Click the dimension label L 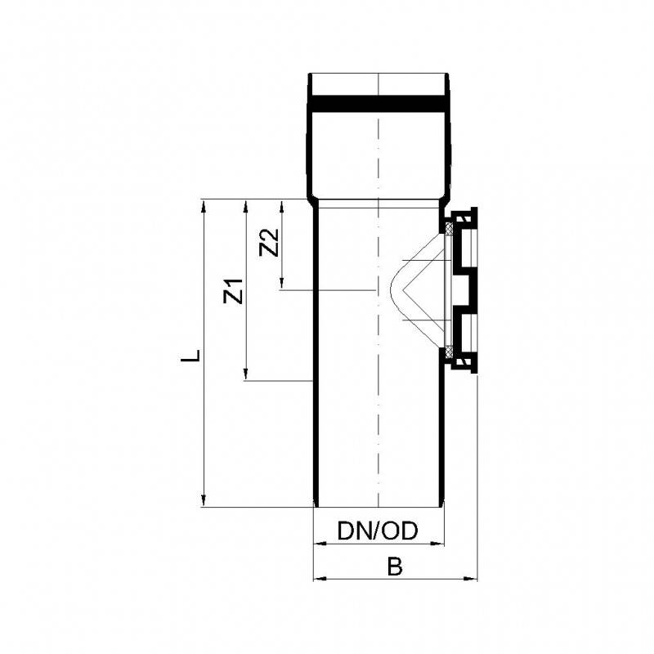coord(190,356)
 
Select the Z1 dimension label coord(234,291)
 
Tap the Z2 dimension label coord(269,242)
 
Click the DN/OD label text coord(377,531)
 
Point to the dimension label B coord(395,567)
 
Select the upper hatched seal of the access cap coord(450,228)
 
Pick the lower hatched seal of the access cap coord(449,352)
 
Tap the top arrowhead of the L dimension coord(204,206)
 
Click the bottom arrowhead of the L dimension coord(204,500)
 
